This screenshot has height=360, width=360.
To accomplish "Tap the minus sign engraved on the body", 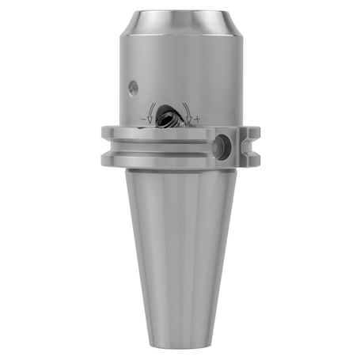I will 143,119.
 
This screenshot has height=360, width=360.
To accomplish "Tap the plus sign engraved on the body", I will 197,119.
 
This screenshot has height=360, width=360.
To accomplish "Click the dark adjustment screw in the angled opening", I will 169,119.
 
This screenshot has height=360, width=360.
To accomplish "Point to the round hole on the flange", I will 222,144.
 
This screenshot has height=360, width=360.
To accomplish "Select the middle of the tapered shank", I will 180,253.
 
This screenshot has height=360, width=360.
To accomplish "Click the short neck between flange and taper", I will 180,169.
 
